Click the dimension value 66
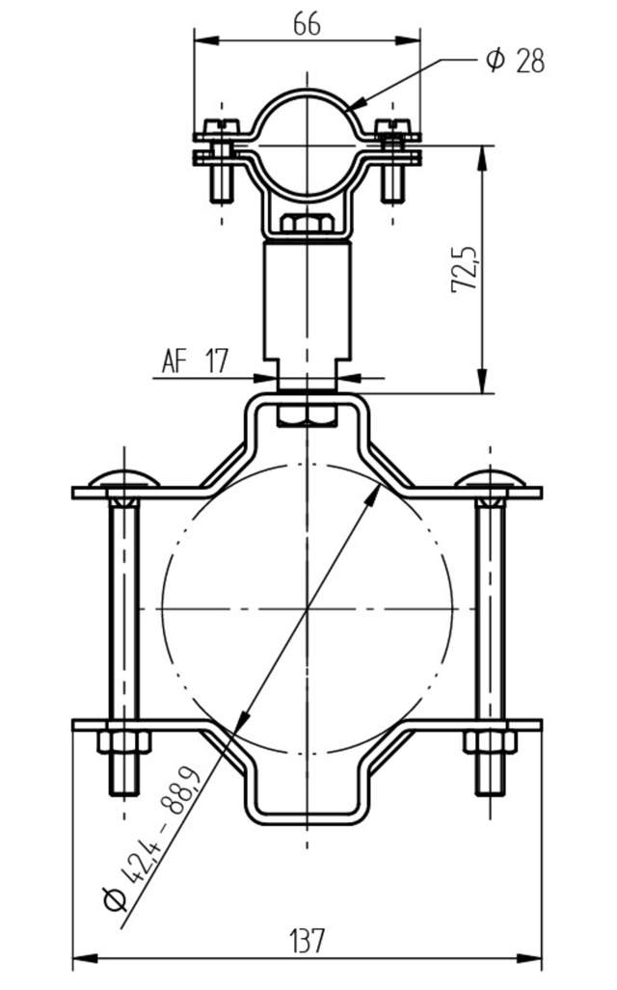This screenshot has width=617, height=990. [x=307, y=25]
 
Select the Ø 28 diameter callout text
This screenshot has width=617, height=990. [x=516, y=61]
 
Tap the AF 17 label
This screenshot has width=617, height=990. [x=195, y=362]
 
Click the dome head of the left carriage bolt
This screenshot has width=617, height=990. [x=123, y=478]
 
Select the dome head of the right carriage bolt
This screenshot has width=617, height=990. [x=490, y=478]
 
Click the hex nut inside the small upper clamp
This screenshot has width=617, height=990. [x=307, y=226]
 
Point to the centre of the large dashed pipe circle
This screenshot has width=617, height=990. [x=307, y=609]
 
